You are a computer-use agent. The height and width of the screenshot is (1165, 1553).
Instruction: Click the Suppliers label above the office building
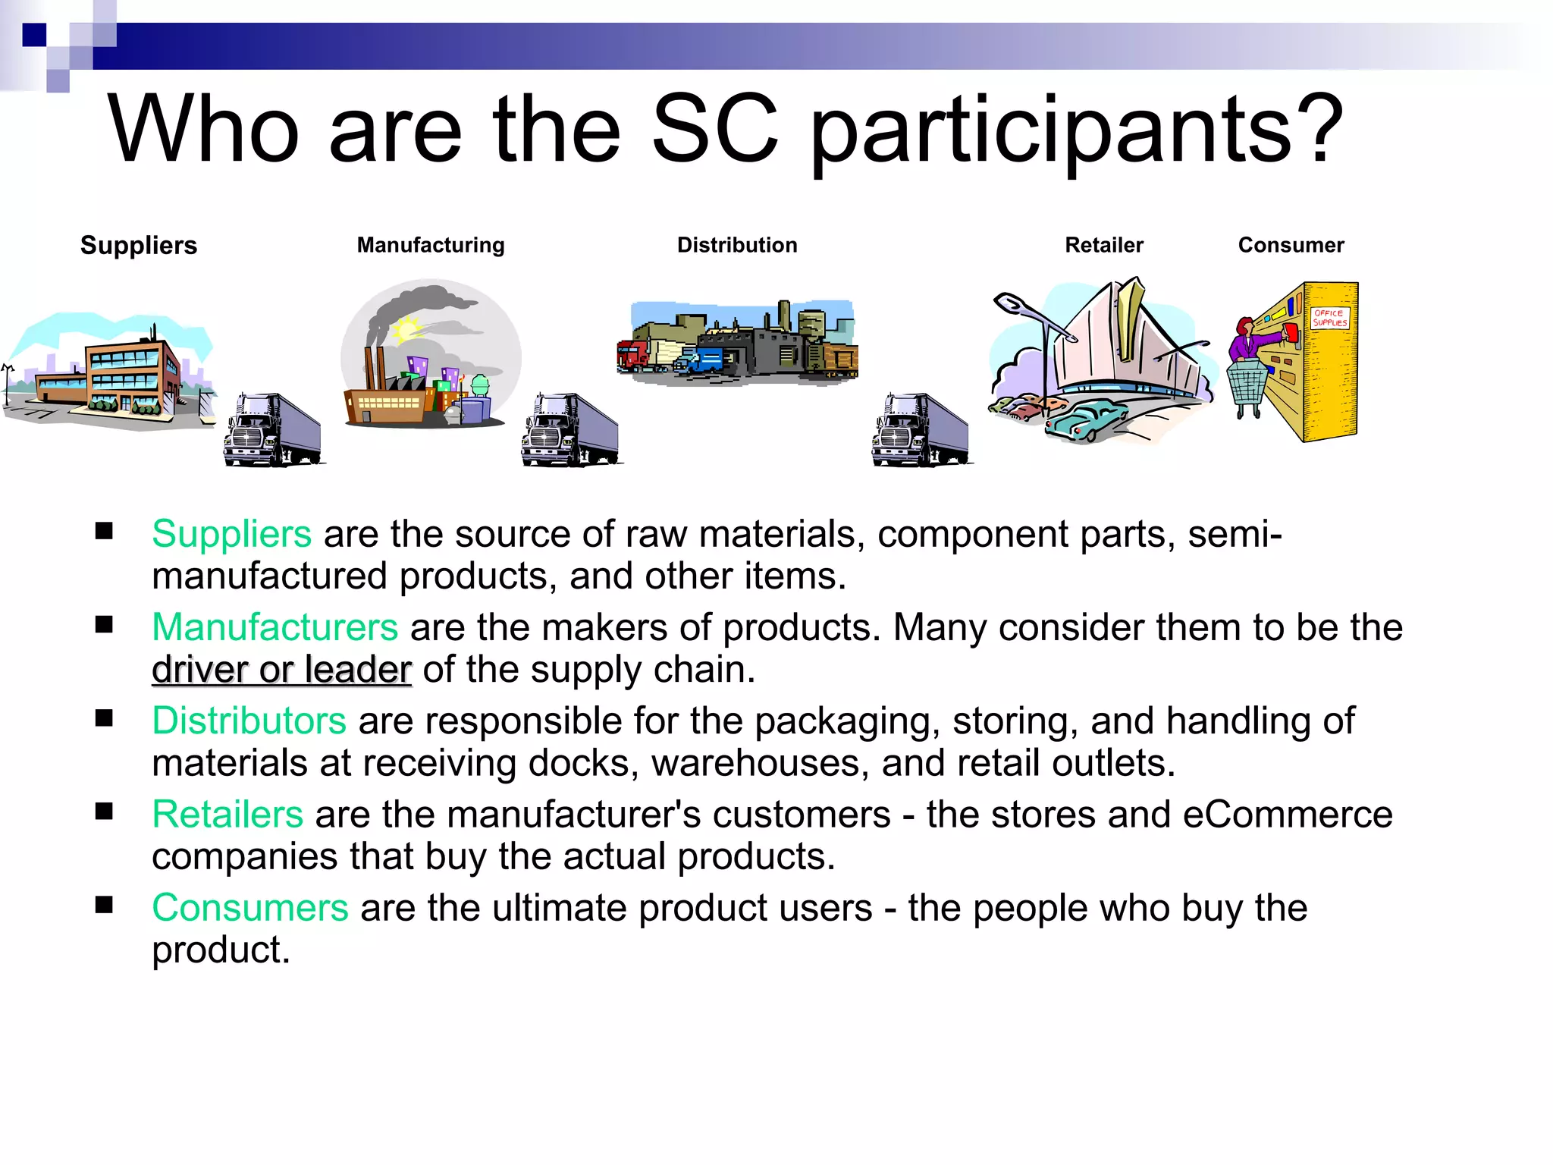pyautogui.click(x=139, y=246)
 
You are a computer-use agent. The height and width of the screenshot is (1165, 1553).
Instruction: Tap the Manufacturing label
pyautogui.click(x=431, y=245)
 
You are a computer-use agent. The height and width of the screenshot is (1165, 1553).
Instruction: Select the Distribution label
pyautogui.click(x=737, y=245)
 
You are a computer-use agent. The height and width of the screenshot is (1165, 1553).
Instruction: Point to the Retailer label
pyautogui.click(x=1104, y=245)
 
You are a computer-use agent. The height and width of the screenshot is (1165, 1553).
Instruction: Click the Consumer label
pyautogui.click(x=1291, y=245)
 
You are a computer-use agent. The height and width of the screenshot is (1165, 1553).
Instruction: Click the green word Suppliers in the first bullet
pyautogui.click(x=231, y=534)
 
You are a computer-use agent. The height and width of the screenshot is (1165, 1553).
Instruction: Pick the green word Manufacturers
pyautogui.click(x=275, y=627)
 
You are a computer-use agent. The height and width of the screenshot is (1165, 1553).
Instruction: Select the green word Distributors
pyautogui.click(x=249, y=721)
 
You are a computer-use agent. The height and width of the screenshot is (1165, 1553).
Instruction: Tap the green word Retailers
pyautogui.click(x=227, y=815)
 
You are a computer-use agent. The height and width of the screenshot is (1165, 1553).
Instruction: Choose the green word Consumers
pyautogui.click(x=250, y=908)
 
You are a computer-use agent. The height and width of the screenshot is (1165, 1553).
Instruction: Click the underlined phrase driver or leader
pyautogui.click(x=281, y=670)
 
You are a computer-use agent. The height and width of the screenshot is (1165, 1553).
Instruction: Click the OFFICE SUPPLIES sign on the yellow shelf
pyautogui.click(x=1330, y=318)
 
